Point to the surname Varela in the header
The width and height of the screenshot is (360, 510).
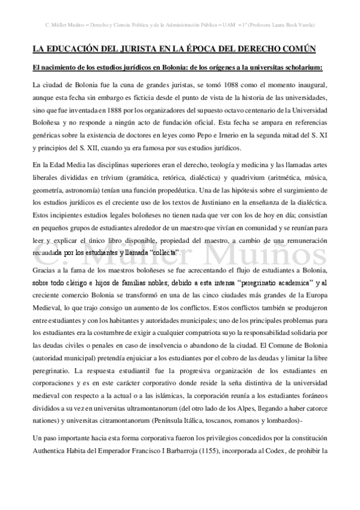pos(307,25)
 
